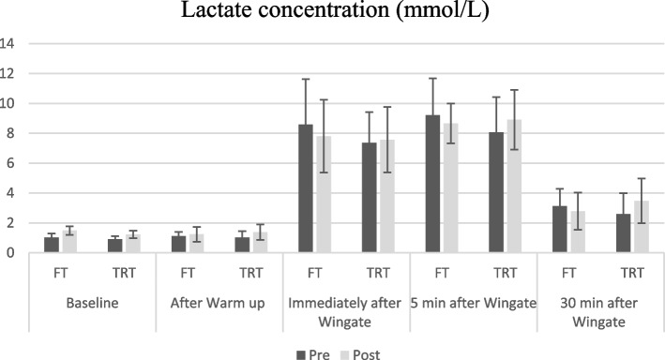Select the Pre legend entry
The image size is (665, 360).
pos(314,353)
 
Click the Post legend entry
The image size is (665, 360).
pos(365,353)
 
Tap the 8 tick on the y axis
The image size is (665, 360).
pos(10,133)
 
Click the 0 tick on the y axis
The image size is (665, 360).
pos(10,253)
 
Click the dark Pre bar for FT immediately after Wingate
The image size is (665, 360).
pos(306,188)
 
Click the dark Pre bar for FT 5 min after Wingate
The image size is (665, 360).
pos(432,184)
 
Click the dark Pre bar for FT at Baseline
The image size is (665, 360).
pos(52,245)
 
